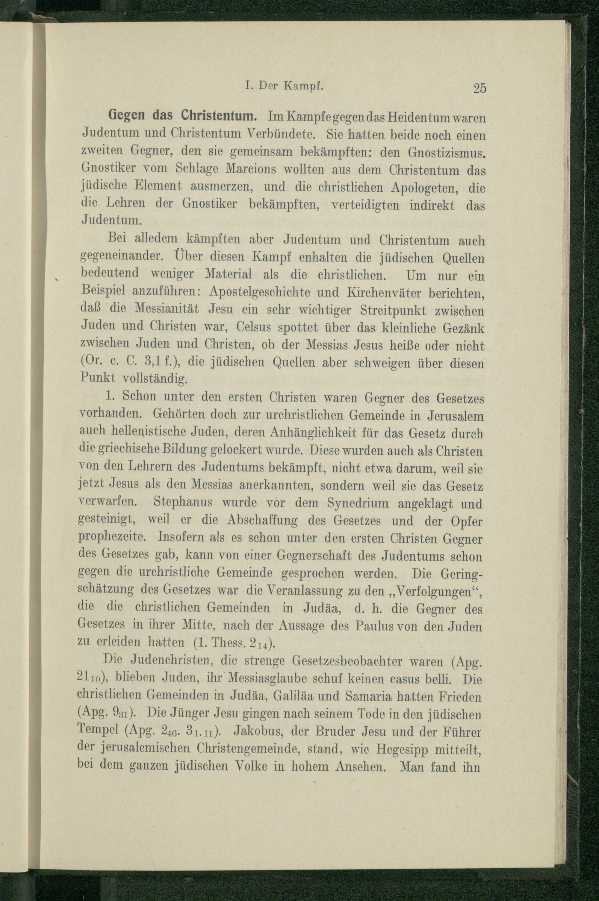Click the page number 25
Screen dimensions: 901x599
point(479,89)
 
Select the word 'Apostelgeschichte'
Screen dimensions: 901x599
point(261,293)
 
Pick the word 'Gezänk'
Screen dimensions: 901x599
point(466,328)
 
